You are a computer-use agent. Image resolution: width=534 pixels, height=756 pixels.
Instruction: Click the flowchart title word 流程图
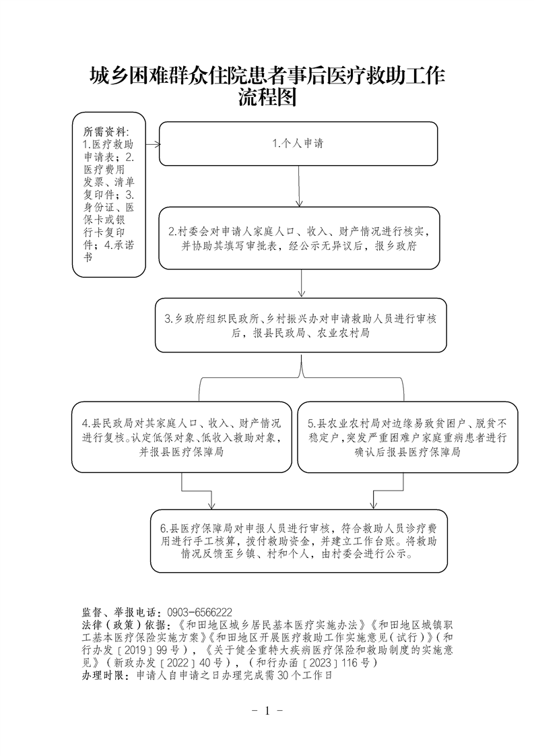pyautogui.click(x=267, y=98)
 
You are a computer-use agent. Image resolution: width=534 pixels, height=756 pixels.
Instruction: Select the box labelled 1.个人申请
pyautogui.click(x=298, y=144)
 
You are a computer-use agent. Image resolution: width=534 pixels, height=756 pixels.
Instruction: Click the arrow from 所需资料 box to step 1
pyautogui.click(x=152, y=144)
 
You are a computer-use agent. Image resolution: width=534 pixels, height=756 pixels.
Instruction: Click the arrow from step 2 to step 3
pyautogui.click(x=302, y=284)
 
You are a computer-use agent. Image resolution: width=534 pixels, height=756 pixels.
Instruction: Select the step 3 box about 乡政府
pyautogui.click(x=300, y=325)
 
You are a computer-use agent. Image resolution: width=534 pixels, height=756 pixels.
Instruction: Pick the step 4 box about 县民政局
pyautogui.click(x=181, y=437)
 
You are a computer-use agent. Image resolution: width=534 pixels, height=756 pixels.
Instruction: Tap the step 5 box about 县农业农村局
pyautogui.click(x=407, y=437)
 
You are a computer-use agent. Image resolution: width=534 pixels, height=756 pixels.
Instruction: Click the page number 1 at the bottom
pyautogui.click(x=267, y=711)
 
